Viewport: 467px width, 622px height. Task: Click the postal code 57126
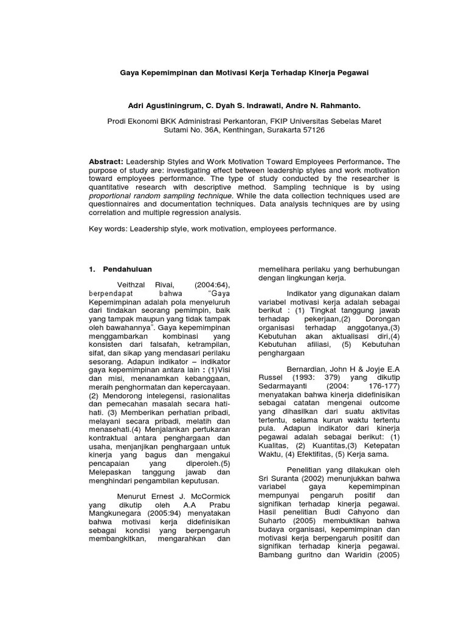pos(311,130)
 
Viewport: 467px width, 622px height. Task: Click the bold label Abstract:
pos(106,162)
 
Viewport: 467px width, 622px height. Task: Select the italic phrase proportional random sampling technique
pos(160,196)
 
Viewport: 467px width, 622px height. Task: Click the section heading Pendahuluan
pos(127,269)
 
